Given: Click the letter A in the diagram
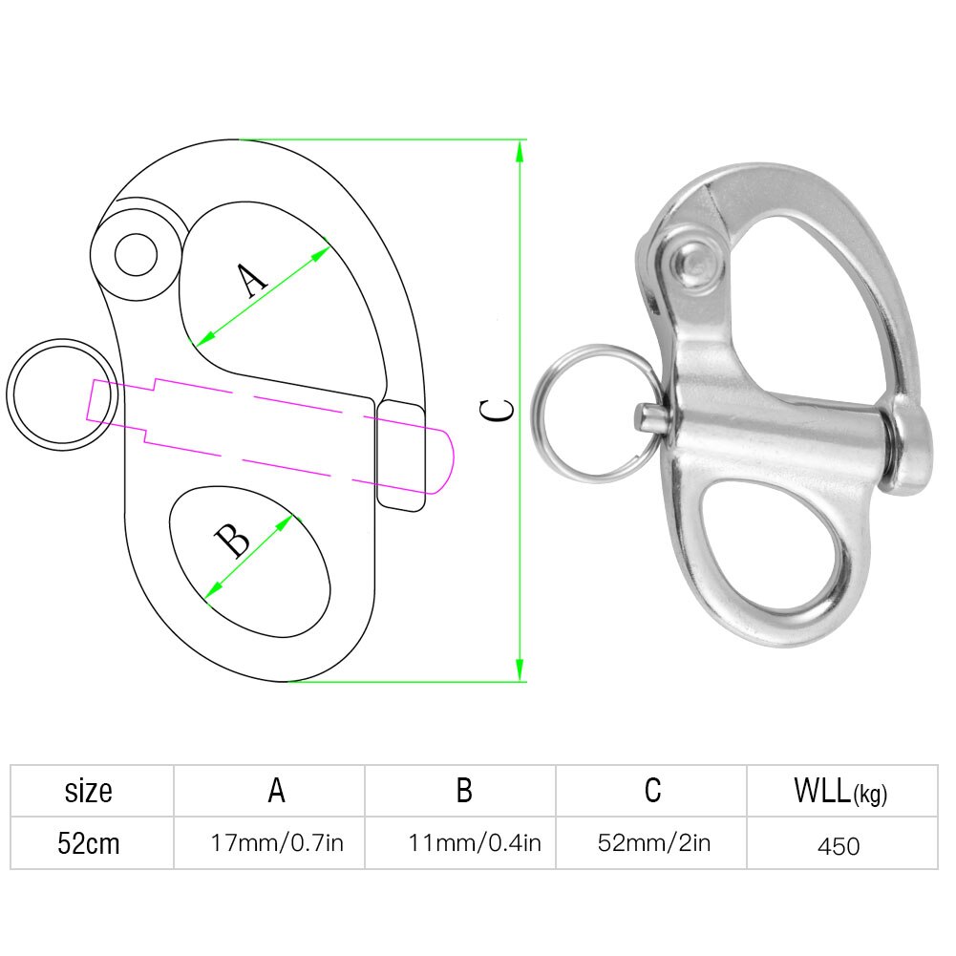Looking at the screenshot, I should (x=251, y=282).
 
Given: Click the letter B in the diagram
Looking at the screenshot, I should (x=233, y=542).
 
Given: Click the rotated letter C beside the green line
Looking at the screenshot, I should (x=497, y=410).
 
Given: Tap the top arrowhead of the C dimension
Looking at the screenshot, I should (x=520, y=150).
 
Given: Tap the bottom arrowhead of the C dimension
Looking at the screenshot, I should (x=520, y=671).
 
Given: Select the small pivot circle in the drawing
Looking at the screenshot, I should (x=136, y=255).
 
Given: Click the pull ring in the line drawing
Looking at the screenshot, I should (x=56, y=393).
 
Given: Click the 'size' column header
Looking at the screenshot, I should (x=89, y=791).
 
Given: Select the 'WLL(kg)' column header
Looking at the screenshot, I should (x=840, y=792).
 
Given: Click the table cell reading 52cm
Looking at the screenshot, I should (x=89, y=844).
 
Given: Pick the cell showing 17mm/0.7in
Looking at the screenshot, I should (x=277, y=844).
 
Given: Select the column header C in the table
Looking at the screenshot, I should (x=652, y=791).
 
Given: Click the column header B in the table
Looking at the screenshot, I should (x=463, y=791).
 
